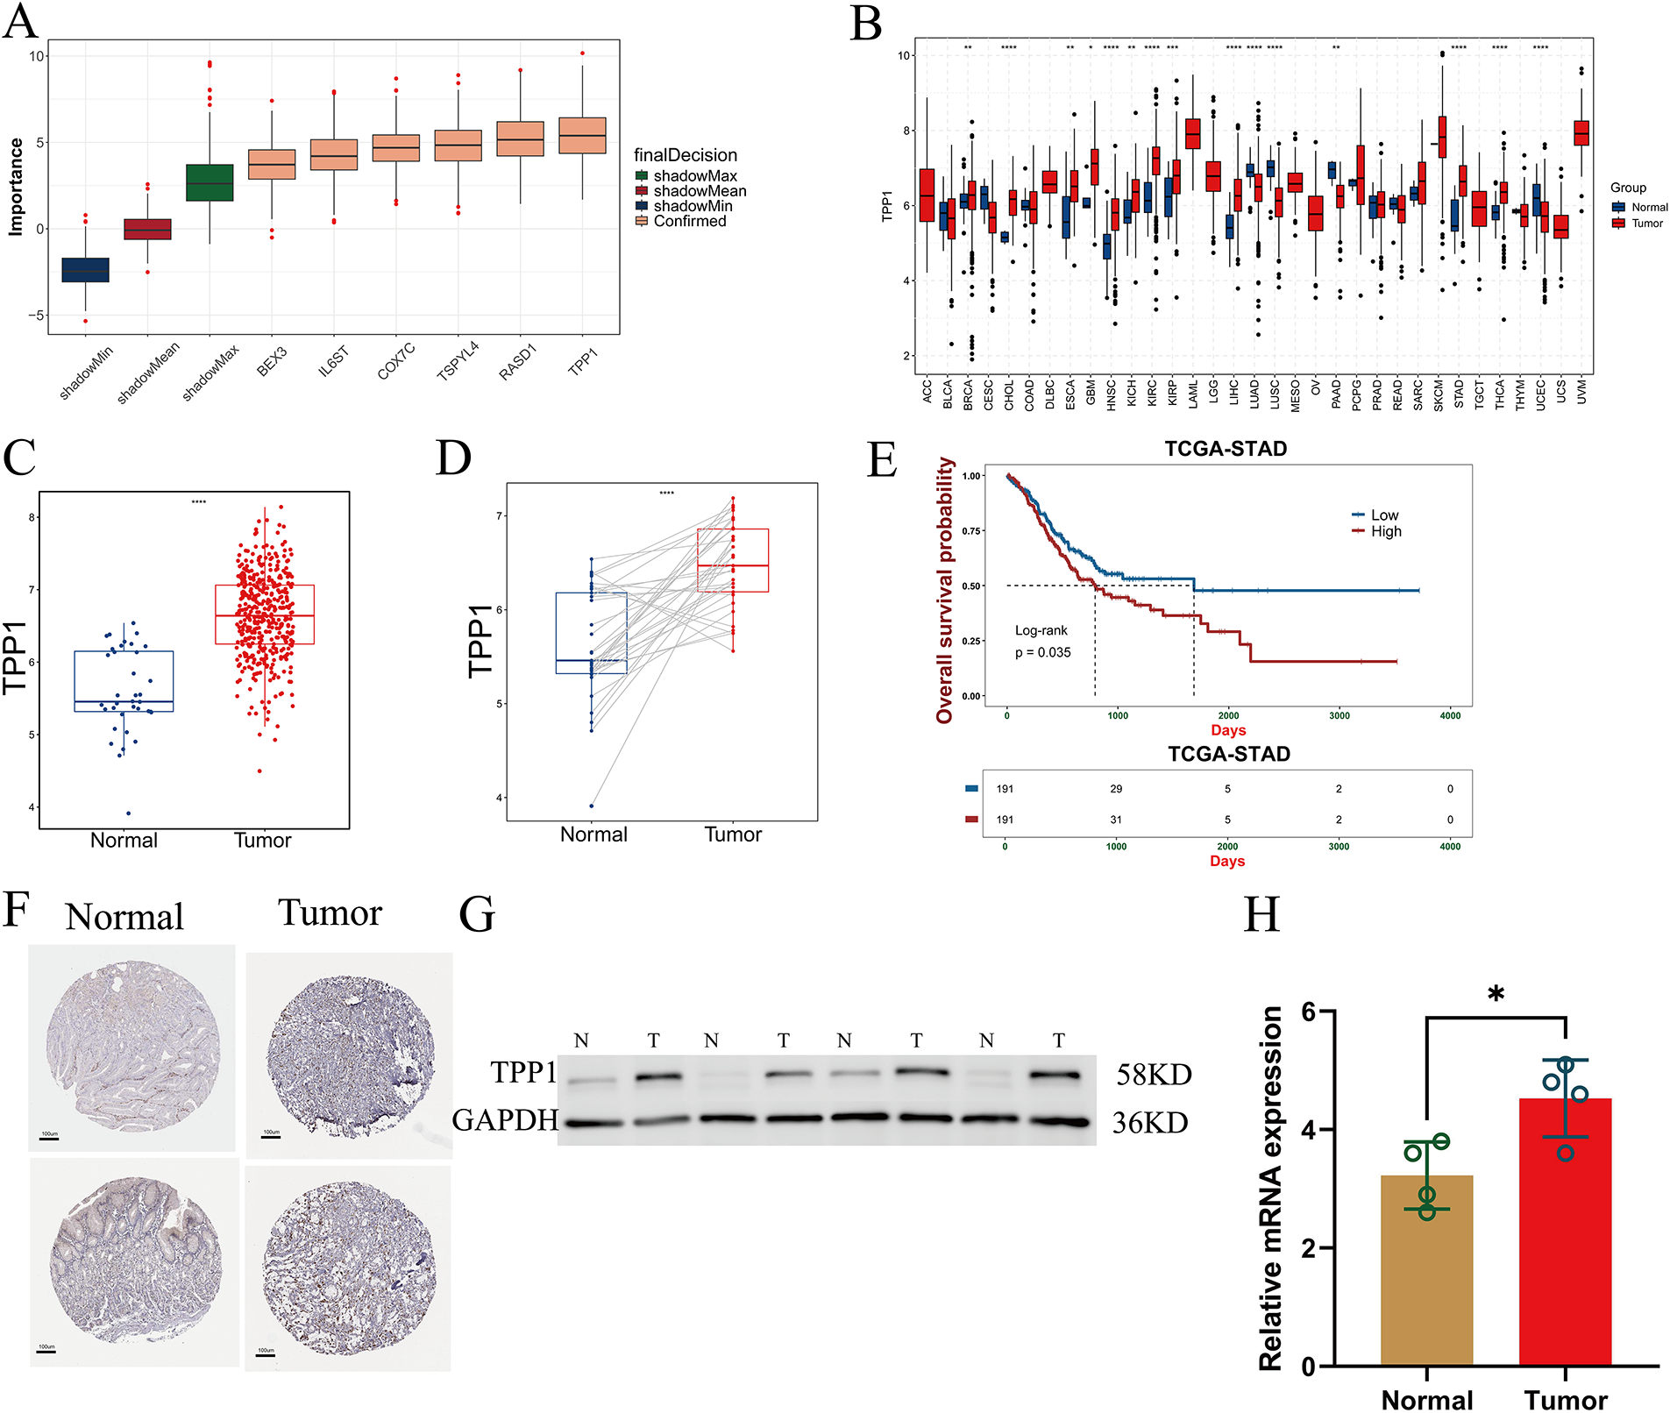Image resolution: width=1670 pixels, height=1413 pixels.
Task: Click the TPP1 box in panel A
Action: click(x=582, y=136)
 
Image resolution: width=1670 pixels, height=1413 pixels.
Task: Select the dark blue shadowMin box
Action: click(x=85, y=270)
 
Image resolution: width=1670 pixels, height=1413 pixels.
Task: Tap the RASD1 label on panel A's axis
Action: click(x=517, y=362)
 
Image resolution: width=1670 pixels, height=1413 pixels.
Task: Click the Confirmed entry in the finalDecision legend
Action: click(x=689, y=222)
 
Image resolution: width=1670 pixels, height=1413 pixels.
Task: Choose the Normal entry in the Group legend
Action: click(x=1649, y=208)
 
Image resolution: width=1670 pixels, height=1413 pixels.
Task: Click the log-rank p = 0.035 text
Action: click(x=1042, y=652)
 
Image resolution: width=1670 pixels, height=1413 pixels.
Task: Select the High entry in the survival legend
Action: click(x=1386, y=531)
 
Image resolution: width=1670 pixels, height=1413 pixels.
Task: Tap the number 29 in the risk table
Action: click(x=1116, y=789)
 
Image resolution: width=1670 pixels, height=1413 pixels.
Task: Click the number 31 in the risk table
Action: click(x=1116, y=820)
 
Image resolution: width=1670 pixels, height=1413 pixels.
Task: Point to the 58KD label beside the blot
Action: click(x=1154, y=1075)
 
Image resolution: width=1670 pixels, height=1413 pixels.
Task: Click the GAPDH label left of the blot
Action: click(x=505, y=1120)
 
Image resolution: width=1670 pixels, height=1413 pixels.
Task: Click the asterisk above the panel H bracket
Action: click(x=1496, y=994)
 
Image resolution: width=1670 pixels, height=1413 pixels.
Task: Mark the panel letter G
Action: click(x=477, y=913)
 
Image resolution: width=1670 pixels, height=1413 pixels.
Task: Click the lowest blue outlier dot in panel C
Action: click(x=128, y=813)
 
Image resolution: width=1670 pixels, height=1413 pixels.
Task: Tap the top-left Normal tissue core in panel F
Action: click(x=133, y=1047)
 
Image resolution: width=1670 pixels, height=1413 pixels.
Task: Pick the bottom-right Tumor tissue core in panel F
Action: click(x=348, y=1268)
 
